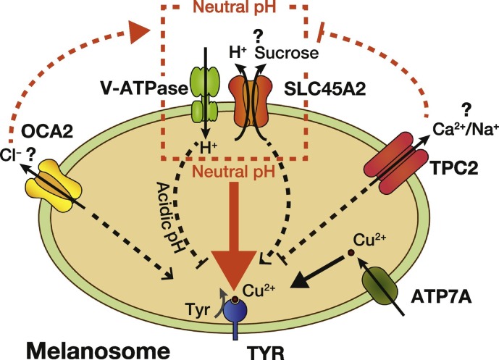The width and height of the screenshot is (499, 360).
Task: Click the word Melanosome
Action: point(98,351)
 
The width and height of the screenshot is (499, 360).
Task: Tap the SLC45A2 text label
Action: point(324,89)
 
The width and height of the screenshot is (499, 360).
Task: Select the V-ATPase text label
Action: point(144,88)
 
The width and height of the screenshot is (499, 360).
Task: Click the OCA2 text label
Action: point(47,131)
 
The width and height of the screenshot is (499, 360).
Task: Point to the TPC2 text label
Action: point(454,168)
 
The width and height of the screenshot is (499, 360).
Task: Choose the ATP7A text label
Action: point(441,298)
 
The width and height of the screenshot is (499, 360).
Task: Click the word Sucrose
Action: point(286,53)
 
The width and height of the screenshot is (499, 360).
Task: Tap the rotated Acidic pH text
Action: point(171,218)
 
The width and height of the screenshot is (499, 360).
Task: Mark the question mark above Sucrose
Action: point(258,37)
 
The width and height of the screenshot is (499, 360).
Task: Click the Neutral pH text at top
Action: point(235,7)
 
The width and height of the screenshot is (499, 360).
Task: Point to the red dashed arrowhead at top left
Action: point(139,32)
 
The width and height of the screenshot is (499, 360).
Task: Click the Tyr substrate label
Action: point(197,309)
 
